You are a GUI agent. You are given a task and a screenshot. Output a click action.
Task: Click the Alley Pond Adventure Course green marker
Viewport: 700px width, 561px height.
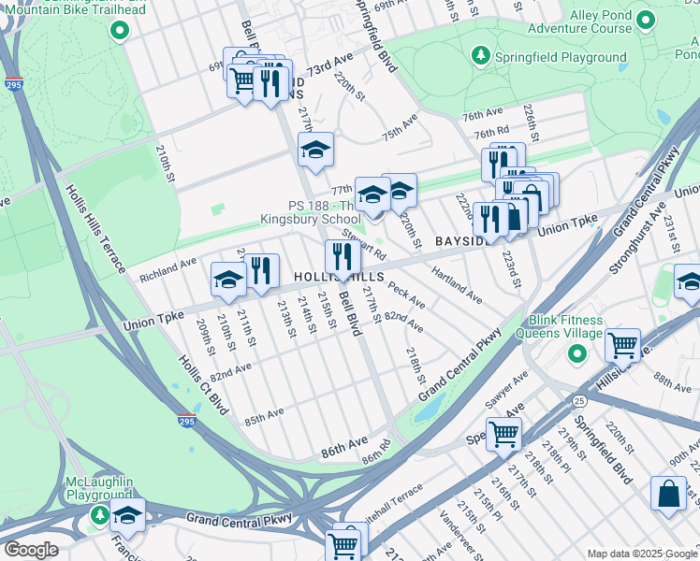[643, 20]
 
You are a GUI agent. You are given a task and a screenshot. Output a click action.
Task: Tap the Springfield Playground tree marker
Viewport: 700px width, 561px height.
[480, 56]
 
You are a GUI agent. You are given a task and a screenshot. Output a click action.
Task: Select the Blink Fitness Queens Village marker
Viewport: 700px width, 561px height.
[577, 352]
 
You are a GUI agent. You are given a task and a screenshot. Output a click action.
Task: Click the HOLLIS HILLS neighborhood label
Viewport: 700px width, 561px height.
[339, 279]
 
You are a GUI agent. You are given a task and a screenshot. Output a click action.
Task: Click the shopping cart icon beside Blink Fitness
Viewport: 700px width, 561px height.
[622, 345]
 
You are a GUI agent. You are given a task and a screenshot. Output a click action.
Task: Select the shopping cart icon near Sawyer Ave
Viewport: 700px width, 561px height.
[503, 433]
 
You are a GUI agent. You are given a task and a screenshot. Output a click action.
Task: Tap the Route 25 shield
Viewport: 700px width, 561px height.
[580, 400]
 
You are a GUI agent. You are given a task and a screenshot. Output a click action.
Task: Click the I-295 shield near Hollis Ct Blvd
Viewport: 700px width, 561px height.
[187, 422]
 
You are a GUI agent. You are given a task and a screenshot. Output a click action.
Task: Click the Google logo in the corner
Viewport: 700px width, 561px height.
[30, 549]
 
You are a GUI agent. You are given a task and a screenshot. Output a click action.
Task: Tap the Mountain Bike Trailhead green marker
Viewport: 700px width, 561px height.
[119, 31]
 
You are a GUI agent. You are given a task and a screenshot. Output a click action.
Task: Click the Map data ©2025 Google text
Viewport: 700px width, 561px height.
[641, 554]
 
